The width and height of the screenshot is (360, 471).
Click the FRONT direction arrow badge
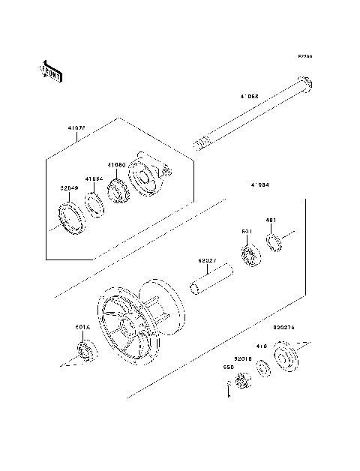tap(49, 70)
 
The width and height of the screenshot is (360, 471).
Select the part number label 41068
tap(249, 96)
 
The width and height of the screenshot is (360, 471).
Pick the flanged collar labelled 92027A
tap(286, 355)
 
